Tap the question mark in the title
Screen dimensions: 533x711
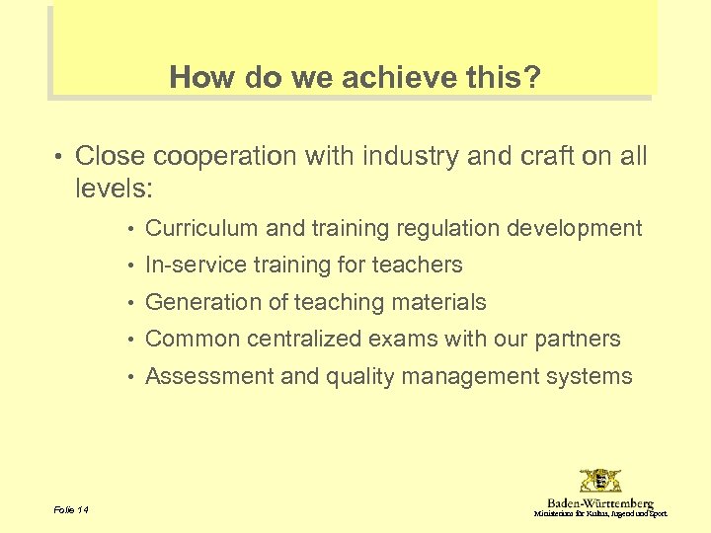click(x=533, y=77)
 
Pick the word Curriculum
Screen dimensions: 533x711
click(x=201, y=228)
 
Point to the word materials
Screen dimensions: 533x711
click(x=440, y=302)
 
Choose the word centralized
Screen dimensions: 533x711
click(x=303, y=339)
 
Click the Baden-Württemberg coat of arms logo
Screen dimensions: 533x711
click(x=600, y=482)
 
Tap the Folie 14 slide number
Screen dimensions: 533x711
click(x=71, y=509)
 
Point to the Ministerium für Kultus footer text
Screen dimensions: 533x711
click(x=600, y=514)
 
